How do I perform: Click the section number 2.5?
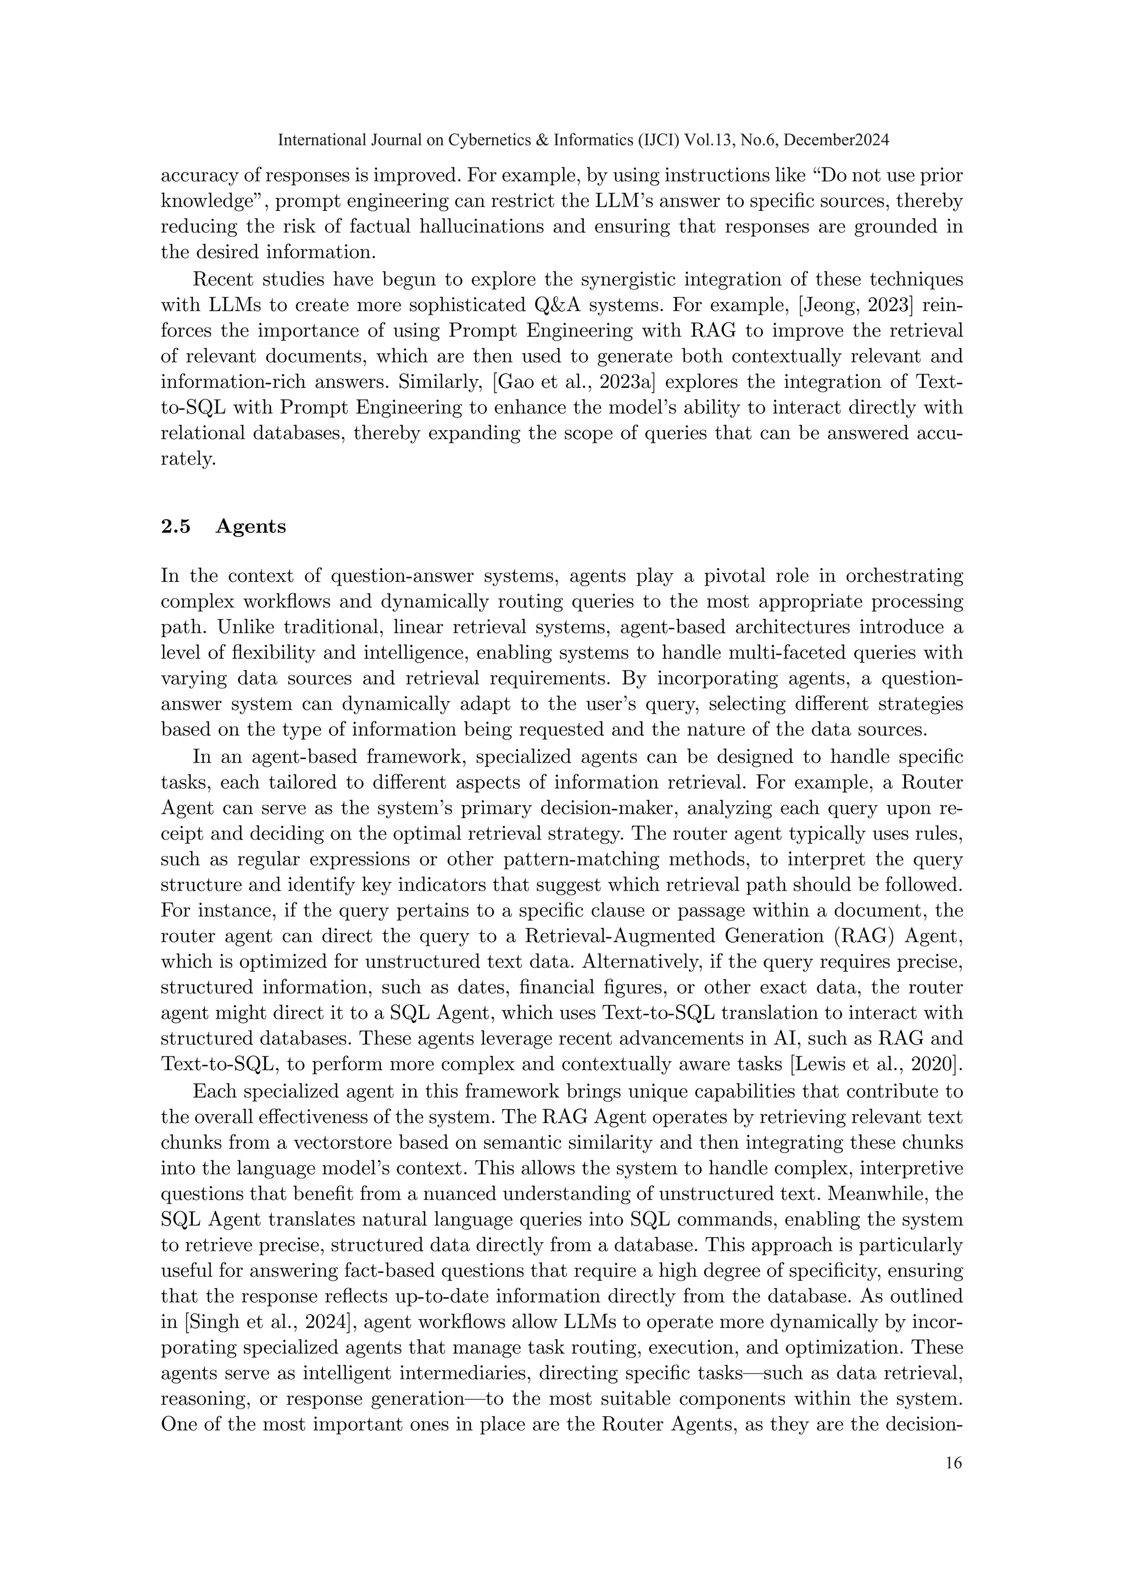coord(175,527)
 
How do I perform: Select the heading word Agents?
coord(251,527)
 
